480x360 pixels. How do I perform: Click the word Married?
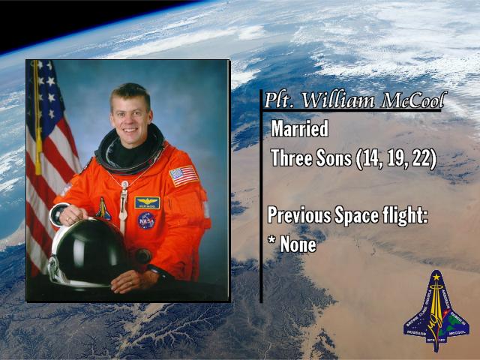click(300, 128)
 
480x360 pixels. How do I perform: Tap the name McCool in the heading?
click(412, 100)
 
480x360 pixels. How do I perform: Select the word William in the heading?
click(338, 100)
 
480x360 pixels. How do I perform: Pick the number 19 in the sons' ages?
click(397, 158)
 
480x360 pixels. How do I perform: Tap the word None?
click(298, 244)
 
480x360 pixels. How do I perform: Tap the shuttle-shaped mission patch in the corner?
click(436, 310)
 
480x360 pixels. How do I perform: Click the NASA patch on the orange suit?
click(146, 220)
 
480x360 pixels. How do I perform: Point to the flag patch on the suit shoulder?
click(184, 175)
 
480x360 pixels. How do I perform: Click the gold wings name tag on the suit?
click(147, 202)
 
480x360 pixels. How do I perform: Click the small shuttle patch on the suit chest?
click(103, 208)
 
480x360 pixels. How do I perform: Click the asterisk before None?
click(271, 240)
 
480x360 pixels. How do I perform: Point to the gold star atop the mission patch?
click(436, 277)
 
